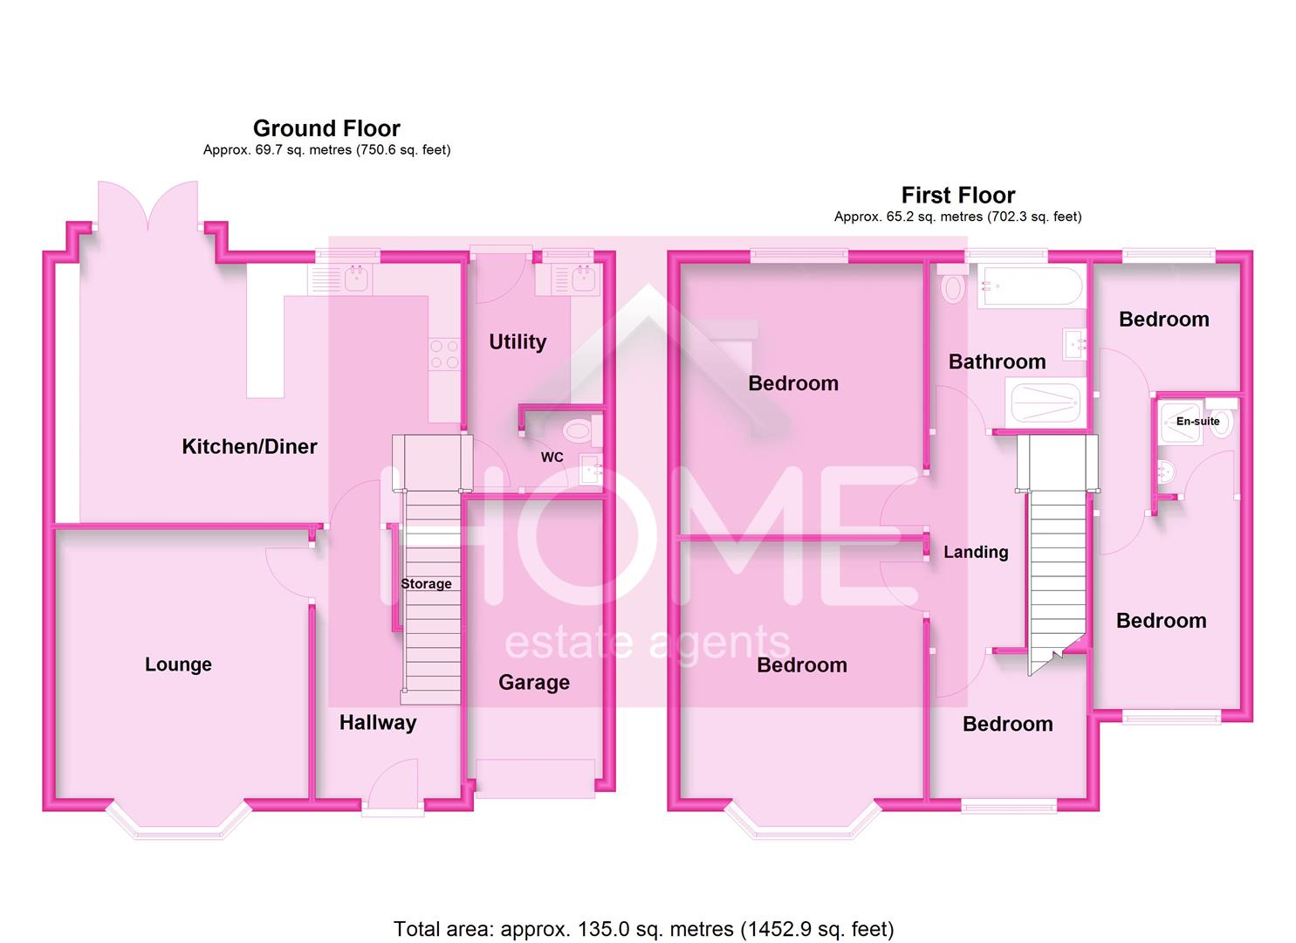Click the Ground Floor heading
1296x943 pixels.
(326, 129)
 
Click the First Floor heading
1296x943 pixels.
(957, 196)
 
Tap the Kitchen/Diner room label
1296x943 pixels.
(249, 447)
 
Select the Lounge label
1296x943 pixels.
(178, 664)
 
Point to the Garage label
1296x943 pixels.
(533, 683)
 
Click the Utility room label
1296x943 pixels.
(518, 342)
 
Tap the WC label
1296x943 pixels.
(552, 458)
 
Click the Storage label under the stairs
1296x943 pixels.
(426, 584)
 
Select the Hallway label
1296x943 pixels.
(377, 723)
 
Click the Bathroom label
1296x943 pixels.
(997, 361)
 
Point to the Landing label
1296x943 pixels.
(976, 552)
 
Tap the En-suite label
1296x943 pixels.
(1197, 422)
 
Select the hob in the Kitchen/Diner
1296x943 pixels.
(445, 354)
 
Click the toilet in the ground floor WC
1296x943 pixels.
(578, 430)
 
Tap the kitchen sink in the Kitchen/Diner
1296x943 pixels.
(355, 279)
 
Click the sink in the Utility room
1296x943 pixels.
(582, 279)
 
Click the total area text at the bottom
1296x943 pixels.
(643, 929)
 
